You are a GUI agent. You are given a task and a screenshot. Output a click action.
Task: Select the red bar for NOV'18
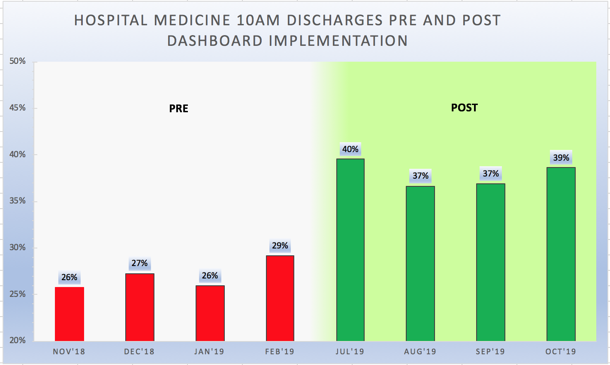click(x=69, y=314)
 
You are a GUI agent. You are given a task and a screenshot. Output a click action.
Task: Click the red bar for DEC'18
click(x=140, y=307)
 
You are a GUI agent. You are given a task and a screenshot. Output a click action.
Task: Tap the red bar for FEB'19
click(x=280, y=298)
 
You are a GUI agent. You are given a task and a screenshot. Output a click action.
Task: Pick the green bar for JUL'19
click(x=350, y=250)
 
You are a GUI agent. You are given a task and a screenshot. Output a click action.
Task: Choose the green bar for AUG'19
click(x=420, y=263)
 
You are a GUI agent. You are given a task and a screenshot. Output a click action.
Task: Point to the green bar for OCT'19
click(x=561, y=254)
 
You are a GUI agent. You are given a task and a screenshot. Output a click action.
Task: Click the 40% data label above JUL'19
click(x=350, y=150)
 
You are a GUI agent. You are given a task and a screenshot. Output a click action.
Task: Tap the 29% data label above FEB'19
click(x=280, y=246)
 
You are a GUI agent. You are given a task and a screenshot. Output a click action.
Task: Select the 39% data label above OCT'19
click(x=561, y=158)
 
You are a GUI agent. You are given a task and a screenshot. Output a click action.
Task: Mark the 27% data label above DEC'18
click(x=140, y=263)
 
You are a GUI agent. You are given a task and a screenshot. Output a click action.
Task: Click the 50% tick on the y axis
click(x=18, y=61)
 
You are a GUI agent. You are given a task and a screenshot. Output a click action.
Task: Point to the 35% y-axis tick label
click(x=18, y=201)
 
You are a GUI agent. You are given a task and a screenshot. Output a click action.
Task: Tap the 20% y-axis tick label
click(x=18, y=341)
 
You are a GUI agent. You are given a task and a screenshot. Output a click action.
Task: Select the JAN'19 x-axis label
click(x=209, y=352)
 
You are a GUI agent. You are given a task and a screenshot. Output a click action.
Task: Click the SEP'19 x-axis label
click(x=490, y=352)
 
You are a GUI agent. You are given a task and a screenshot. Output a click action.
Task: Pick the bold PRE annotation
click(x=178, y=109)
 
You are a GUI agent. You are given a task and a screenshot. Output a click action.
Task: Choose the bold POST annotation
click(x=464, y=108)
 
